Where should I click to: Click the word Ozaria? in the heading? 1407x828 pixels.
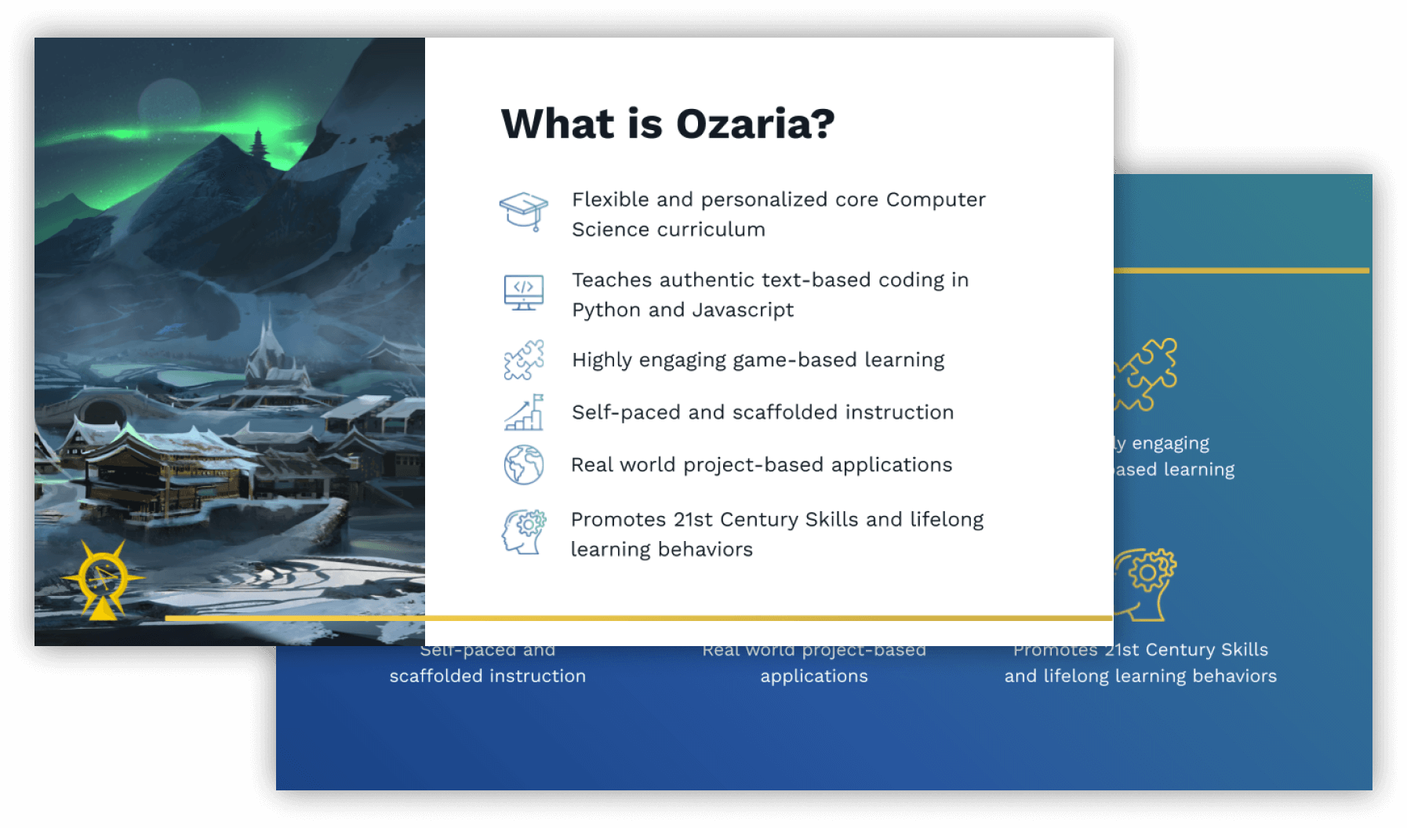coord(754,124)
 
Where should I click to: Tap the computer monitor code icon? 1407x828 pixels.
coord(524,292)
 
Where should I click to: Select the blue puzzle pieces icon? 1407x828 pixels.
coord(524,360)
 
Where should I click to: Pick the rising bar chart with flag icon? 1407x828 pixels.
coord(524,412)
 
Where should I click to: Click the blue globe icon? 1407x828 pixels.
coord(524,465)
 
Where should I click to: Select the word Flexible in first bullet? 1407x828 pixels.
coord(610,200)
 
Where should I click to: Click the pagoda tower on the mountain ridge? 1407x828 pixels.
coord(258,147)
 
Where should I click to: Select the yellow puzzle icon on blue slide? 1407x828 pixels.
coord(1147,374)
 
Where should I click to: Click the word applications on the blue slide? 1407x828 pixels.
coord(814,676)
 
